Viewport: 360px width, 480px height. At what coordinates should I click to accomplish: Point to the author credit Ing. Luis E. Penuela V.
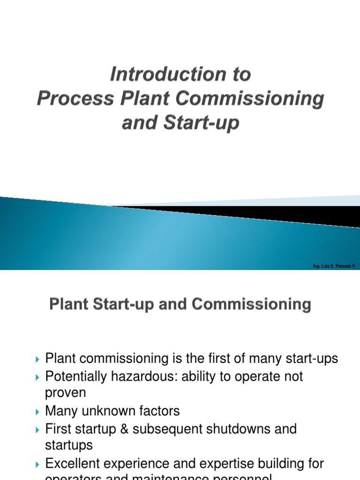[x=335, y=266]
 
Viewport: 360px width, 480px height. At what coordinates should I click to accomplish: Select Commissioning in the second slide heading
[x=255, y=305]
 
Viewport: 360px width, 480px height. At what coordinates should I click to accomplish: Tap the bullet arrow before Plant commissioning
[x=38, y=360]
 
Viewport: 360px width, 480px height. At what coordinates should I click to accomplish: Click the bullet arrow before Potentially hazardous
[x=38, y=377]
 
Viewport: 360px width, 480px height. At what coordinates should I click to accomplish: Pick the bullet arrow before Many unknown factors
[x=38, y=412]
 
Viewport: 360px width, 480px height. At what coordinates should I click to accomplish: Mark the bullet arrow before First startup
[x=38, y=429]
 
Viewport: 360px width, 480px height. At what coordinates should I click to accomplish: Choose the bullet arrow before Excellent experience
[x=38, y=465]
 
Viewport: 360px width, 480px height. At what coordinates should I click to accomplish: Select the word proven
[x=66, y=393]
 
